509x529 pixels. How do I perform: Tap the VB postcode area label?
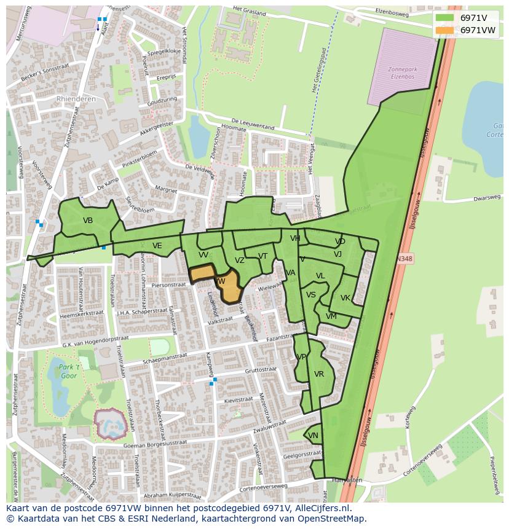(x=88, y=221)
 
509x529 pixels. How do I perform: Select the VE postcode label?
(x=157, y=246)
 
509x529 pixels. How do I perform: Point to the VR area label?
(x=319, y=374)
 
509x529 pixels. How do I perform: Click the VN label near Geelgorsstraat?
(x=313, y=436)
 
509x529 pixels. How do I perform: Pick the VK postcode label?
(x=345, y=298)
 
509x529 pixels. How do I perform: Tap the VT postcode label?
(x=262, y=256)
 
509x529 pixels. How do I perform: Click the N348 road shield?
(x=404, y=259)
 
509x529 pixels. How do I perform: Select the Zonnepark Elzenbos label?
(x=402, y=74)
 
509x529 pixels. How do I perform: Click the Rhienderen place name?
(x=76, y=98)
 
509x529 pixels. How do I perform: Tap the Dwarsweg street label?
(x=487, y=198)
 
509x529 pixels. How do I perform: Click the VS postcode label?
(x=311, y=295)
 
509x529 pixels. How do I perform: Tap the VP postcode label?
(x=301, y=357)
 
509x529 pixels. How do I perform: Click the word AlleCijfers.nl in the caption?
(x=323, y=509)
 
